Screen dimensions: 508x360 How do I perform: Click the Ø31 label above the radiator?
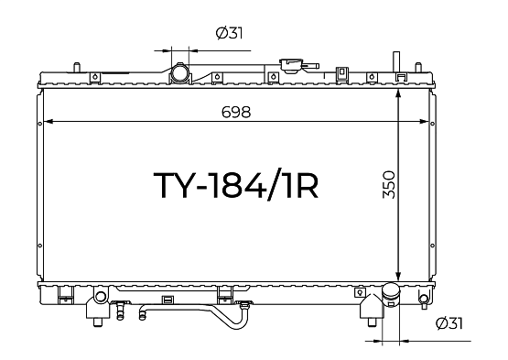click(229, 33)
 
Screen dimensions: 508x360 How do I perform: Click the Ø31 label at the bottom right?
click(449, 323)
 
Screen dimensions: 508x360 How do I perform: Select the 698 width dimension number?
click(236, 113)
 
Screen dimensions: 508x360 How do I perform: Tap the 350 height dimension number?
click(389, 185)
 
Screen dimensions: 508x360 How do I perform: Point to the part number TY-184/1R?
click(236, 185)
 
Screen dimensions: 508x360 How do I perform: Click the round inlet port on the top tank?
click(179, 73)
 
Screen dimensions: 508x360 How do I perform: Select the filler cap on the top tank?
click(291, 66)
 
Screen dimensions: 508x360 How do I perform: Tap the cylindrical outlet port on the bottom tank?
click(391, 294)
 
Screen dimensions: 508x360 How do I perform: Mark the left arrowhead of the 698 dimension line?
click(48, 122)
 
